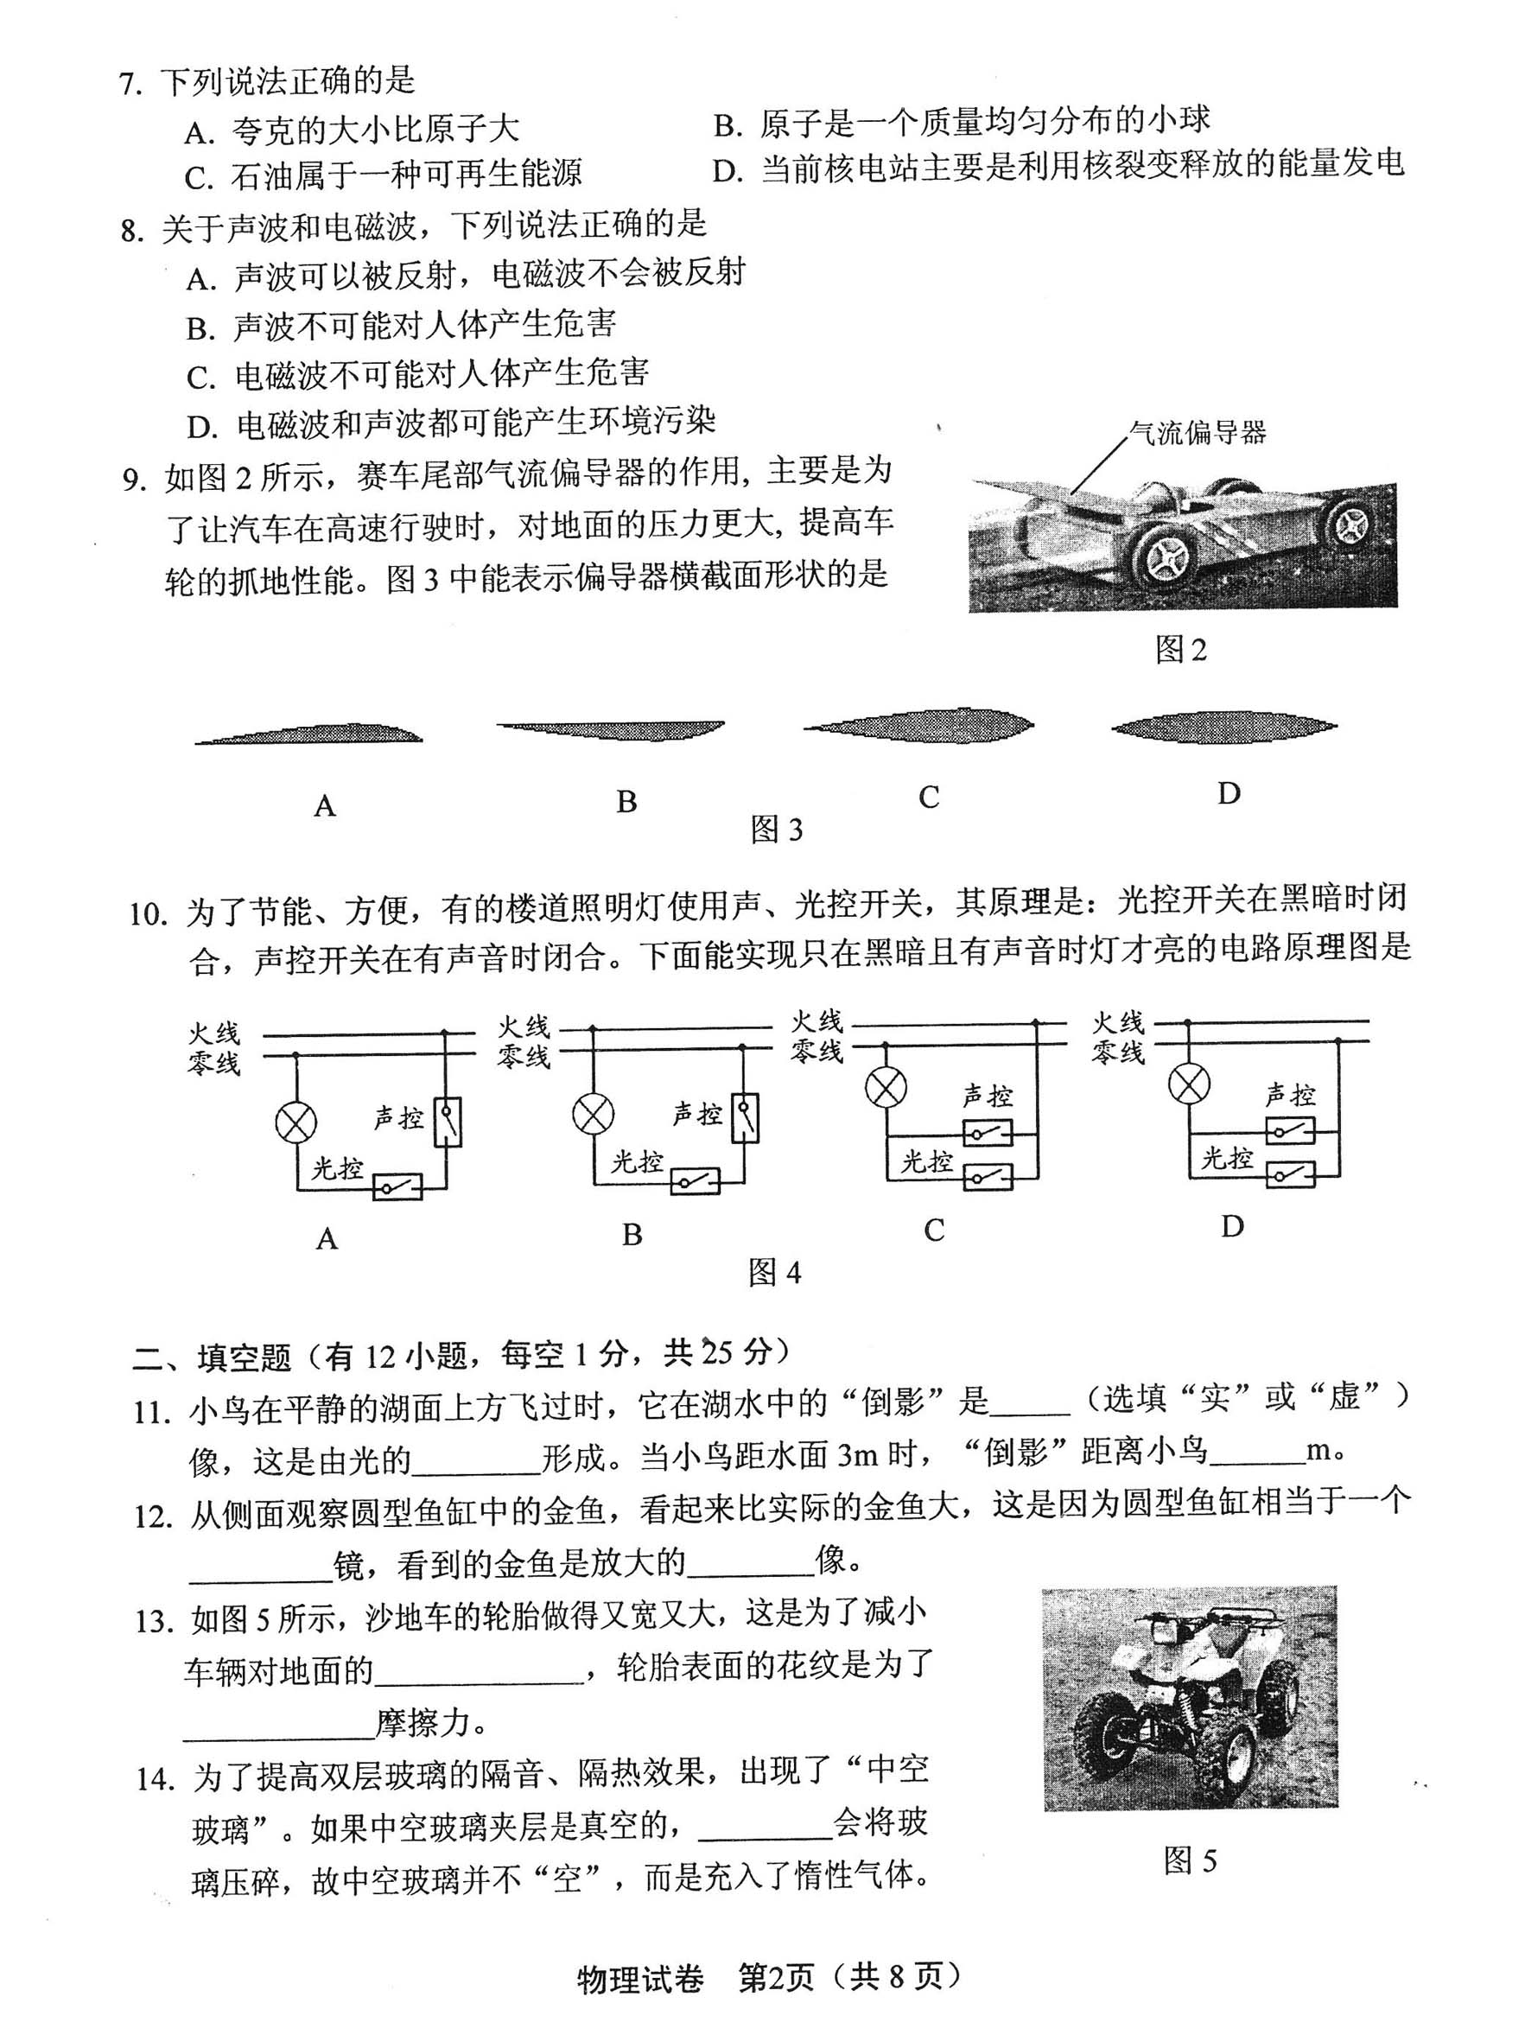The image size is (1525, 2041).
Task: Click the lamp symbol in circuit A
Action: pos(296,1123)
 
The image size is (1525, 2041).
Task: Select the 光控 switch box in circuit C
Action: pos(987,1176)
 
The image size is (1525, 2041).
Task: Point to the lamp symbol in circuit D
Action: pos(1188,1084)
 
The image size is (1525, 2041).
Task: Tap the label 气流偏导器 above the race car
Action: pos(1197,432)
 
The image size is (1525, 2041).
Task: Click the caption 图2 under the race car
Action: pos(1180,651)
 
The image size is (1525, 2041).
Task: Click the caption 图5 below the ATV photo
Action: pos(1189,1861)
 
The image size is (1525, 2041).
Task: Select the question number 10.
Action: pos(149,914)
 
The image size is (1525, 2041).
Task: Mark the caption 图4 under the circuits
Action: pos(774,1274)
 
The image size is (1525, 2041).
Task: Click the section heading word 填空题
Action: pos(244,1357)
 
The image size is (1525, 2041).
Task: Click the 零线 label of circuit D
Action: pos(1117,1052)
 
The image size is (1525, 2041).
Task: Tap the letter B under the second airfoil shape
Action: pos(626,801)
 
